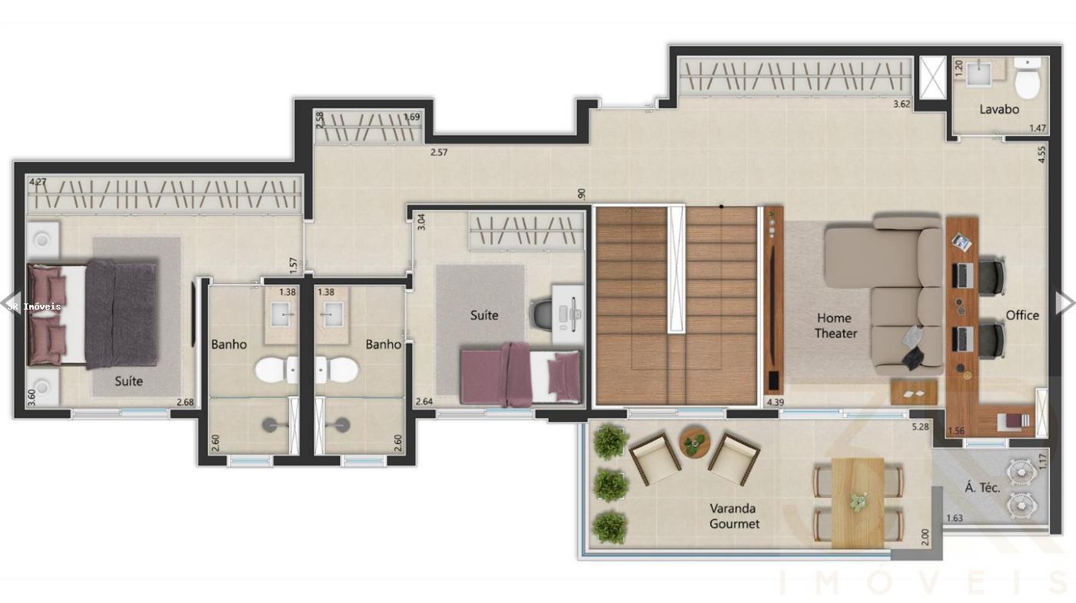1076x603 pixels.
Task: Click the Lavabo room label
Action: [x=999, y=109]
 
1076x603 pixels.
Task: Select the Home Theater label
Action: [x=835, y=326]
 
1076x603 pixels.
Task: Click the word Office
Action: [x=1022, y=315]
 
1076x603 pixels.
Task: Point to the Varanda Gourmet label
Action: [x=733, y=516]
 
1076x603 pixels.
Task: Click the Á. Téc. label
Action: [x=982, y=487]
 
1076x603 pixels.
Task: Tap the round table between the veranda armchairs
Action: [x=695, y=442]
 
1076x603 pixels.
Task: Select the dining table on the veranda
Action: [x=858, y=502]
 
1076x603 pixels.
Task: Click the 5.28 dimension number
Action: [x=921, y=427]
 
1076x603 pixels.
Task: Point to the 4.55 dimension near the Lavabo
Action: [x=1041, y=154]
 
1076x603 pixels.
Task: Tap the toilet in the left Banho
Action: [x=274, y=371]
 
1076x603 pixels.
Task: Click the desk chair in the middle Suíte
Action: [x=542, y=313]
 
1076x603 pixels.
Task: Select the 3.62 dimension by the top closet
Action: [x=902, y=104]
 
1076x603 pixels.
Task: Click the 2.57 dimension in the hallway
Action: [x=439, y=152]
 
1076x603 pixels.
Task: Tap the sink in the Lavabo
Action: [x=978, y=74]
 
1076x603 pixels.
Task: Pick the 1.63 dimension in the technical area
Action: [x=954, y=518]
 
